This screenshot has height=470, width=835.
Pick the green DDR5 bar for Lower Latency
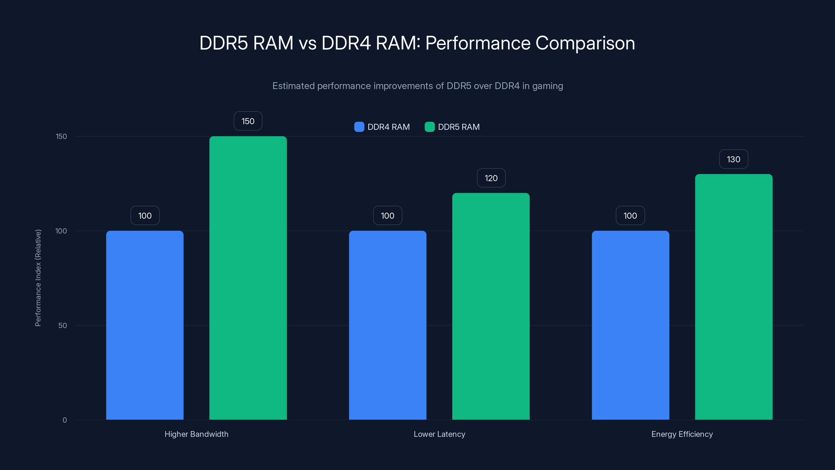click(x=491, y=306)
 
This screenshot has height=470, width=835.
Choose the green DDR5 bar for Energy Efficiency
click(x=733, y=297)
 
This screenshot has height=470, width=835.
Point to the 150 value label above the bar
click(x=248, y=121)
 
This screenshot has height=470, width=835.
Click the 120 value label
click(x=491, y=178)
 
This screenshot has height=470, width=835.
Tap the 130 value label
click(x=733, y=159)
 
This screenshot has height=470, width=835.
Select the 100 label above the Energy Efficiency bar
click(x=630, y=216)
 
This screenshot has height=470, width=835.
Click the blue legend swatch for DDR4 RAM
click(x=359, y=127)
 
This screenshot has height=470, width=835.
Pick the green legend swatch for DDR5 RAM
click(x=430, y=127)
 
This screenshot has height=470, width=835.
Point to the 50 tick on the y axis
click(x=63, y=325)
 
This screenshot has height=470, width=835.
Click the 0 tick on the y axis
click(x=64, y=420)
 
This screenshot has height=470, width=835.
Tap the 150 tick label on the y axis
click(x=61, y=136)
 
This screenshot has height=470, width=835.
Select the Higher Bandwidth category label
click(x=196, y=434)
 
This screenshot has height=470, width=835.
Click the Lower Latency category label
click(x=439, y=434)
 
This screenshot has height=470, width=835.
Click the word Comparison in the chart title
click(x=585, y=43)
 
